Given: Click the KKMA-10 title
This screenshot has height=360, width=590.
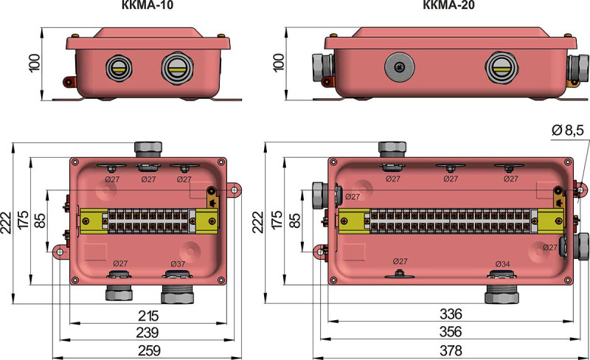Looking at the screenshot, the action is pyautogui.click(x=147, y=4).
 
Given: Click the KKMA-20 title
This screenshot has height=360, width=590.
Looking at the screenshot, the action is pyautogui.click(x=449, y=4).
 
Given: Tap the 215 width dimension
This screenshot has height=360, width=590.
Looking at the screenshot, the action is pyautogui.click(x=148, y=316).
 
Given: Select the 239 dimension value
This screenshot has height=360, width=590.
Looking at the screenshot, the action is pyautogui.click(x=147, y=333).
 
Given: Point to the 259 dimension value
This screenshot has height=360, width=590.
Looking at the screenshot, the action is pyautogui.click(x=149, y=350).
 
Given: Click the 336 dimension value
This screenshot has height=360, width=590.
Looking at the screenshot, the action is pyautogui.click(x=451, y=314).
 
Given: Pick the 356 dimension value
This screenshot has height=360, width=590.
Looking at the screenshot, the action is pyautogui.click(x=451, y=332).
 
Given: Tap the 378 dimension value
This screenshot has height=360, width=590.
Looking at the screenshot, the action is pyautogui.click(x=451, y=350).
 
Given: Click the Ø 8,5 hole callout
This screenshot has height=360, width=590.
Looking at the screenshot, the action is pyautogui.click(x=568, y=131).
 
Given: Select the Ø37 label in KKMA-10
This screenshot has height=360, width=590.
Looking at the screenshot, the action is pyautogui.click(x=178, y=264).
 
